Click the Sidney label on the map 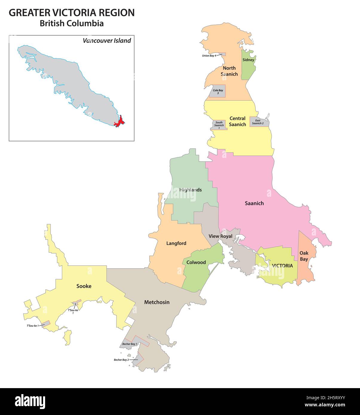(x=248, y=60)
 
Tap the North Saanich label (x=229, y=71)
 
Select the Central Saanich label (x=237, y=122)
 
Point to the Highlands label (x=191, y=190)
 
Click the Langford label (x=176, y=243)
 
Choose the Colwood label (x=196, y=262)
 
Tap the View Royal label (x=220, y=236)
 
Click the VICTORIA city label (x=282, y=266)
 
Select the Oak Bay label (x=304, y=256)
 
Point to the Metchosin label (x=157, y=302)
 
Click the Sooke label (x=84, y=286)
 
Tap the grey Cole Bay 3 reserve (x=217, y=91)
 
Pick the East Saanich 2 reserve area (x=258, y=122)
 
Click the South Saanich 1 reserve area (x=219, y=125)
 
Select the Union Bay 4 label (x=209, y=56)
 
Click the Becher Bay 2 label (x=121, y=360)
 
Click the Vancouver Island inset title (x=107, y=41)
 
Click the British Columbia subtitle (x=72, y=24)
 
